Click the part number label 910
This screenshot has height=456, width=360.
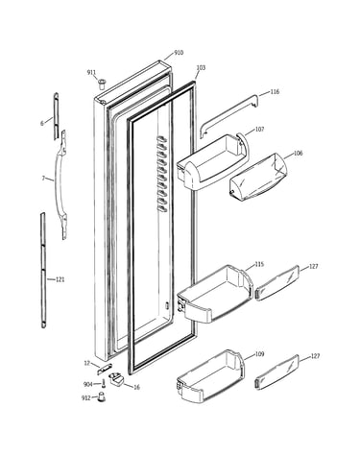pyautogui.click(x=179, y=53)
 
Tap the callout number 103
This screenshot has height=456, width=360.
pyautogui.click(x=201, y=68)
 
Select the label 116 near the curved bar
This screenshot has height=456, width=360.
pyautogui.click(x=275, y=92)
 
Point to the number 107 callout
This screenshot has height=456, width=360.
pyautogui.click(x=259, y=130)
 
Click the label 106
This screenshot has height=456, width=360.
pyautogui.click(x=298, y=153)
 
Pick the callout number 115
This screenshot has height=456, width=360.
pyautogui.click(x=259, y=264)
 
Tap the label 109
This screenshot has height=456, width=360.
pyautogui.click(x=259, y=354)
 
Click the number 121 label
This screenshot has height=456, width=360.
pyautogui.click(x=60, y=279)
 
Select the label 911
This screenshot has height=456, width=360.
pyautogui.click(x=91, y=73)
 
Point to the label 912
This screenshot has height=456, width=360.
pyautogui.click(x=86, y=398)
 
